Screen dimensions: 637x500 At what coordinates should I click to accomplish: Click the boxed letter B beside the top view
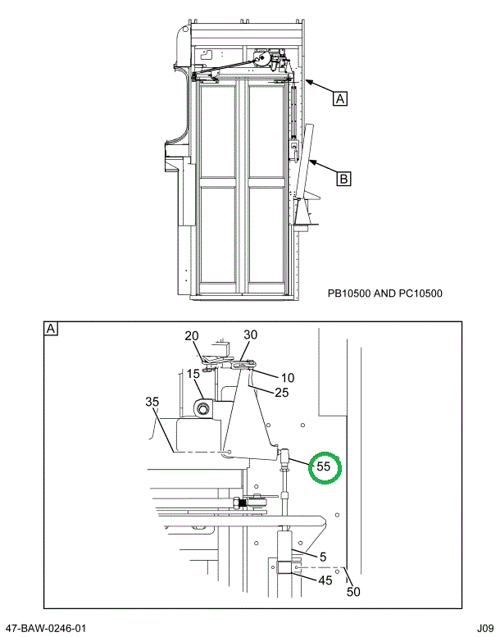click(343, 176)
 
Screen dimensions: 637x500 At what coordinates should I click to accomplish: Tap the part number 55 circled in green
click(324, 466)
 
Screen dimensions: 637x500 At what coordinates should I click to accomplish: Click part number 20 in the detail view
click(191, 336)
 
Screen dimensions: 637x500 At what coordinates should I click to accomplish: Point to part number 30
click(250, 334)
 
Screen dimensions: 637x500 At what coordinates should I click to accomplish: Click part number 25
click(281, 393)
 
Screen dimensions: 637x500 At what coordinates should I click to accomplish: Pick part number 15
click(193, 374)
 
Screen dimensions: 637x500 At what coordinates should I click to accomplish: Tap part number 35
click(152, 403)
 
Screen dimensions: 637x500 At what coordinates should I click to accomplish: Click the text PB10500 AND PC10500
click(385, 293)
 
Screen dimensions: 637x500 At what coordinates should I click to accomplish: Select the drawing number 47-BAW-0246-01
click(46, 629)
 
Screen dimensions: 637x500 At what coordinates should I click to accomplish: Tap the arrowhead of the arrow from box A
click(306, 80)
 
